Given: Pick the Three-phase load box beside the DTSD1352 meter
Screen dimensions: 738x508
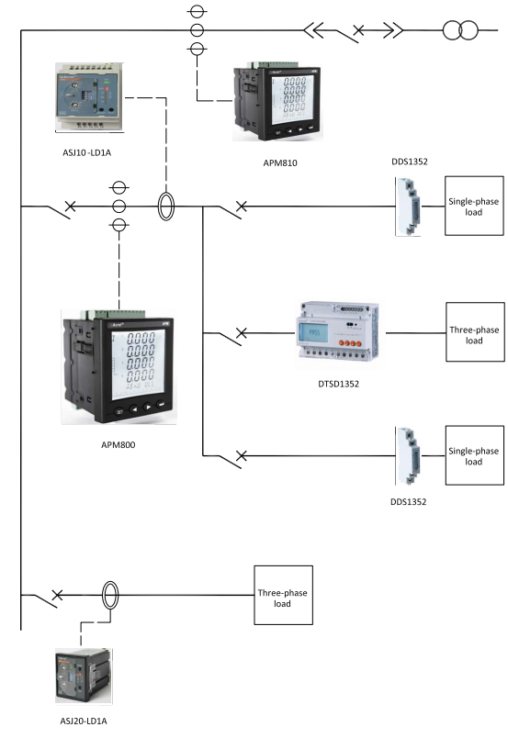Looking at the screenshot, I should pos(474,333).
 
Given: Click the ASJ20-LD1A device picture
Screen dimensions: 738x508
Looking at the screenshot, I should pos(84,674).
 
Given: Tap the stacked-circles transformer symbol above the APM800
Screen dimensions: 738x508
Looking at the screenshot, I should pos(119,207).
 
